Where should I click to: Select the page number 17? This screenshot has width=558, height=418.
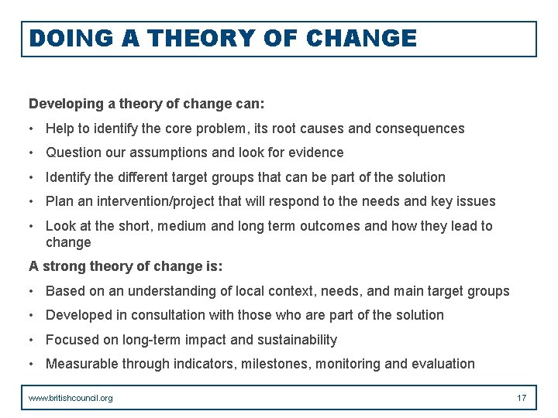(522, 398)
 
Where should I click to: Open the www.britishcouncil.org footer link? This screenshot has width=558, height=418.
(71, 398)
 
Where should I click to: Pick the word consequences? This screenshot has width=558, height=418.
(420, 128)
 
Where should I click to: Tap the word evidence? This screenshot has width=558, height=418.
(315, 152)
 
